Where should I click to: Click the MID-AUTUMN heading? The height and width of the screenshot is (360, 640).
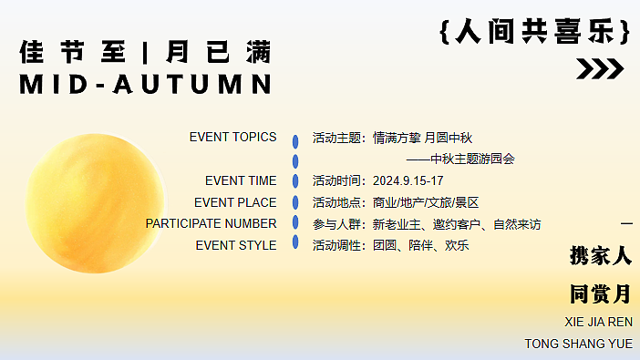(146, 84)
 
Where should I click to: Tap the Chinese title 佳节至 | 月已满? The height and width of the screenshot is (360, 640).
(146, 51)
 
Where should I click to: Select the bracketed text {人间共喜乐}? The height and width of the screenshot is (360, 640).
(534, 33)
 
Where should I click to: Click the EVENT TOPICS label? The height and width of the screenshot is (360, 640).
(232, 138)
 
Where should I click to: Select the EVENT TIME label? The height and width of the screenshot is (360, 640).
(241, 180)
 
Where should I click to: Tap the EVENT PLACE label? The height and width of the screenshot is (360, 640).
(235, 202)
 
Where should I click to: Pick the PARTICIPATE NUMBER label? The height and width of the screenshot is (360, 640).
(211, 223)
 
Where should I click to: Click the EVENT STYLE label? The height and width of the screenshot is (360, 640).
(236, 245)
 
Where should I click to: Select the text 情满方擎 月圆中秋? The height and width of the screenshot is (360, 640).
(422, 138)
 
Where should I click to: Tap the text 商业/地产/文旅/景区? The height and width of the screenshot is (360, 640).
(426, 202)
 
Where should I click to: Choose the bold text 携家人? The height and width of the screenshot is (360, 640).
(600, 256)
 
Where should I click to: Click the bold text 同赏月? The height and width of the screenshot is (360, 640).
(600, 294)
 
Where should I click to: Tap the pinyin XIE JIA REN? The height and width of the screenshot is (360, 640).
(599, 322)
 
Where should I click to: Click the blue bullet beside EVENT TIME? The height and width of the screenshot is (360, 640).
(295, 181)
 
